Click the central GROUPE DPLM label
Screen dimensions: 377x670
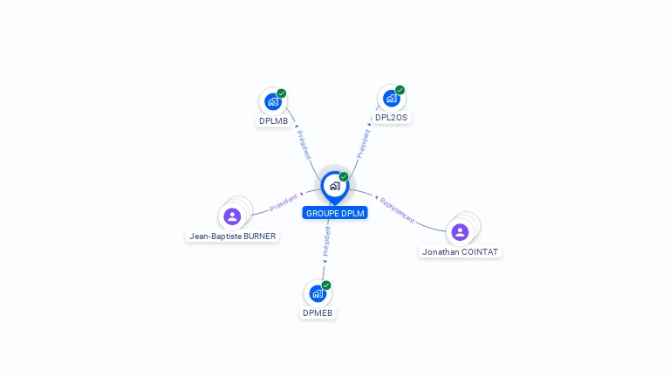(x=335, y=213)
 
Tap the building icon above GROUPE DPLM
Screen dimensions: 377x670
(x=334, y=185)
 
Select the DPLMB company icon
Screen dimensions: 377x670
(x=273, y=102)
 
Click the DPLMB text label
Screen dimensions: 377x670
(x=273, y=120)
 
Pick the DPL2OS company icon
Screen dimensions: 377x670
(x=391, y=98)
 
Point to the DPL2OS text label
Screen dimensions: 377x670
(x=391, y=117)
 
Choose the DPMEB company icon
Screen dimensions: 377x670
(x=318, y=293)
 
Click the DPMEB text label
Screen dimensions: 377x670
(x=318, y=312)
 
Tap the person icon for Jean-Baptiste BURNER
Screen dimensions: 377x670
(x=232, y=216)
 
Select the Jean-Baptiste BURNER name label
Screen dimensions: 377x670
(x=232, y=236)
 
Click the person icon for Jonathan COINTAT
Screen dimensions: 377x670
(x=460, y=231)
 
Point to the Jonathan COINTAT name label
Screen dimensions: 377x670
(x=461, y=251)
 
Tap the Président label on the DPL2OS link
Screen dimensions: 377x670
(x=363, y=142)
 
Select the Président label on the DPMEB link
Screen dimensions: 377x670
(x=326, y=242)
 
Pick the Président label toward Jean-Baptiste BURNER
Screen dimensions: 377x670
(x=284, y=202)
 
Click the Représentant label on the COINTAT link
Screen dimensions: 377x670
(x=398, y=210)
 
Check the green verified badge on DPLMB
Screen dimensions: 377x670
(x=282, y=93)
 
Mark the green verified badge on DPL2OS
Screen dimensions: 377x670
(x=400, y=90)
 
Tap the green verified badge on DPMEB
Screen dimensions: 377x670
(x=326, y=285)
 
